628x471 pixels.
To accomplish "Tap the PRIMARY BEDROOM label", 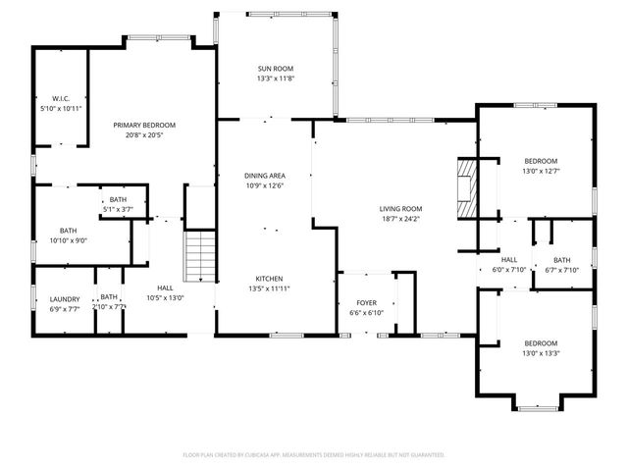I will [x=144, y=125].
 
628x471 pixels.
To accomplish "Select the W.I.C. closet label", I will [x=60, y=98].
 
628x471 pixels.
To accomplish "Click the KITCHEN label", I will [x=269, y=279].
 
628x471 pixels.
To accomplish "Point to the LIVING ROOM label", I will [x=400, y=209].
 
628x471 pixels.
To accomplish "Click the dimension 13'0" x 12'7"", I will [x=540, y=172].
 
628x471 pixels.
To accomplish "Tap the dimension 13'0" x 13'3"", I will [x=540, y=353].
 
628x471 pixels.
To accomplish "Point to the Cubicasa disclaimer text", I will [x=314, y=455].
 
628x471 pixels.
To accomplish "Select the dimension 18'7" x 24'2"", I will [x=400, y=219].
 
